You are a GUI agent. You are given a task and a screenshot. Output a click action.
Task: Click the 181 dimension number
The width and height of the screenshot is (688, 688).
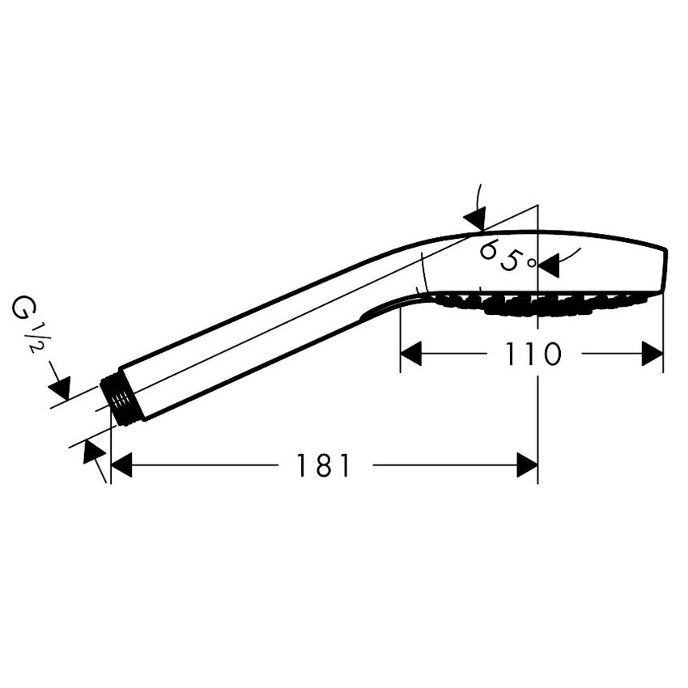click(x=324, y=465)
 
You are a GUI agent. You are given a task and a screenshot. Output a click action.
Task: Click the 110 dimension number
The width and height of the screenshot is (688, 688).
click(x=533, y=354)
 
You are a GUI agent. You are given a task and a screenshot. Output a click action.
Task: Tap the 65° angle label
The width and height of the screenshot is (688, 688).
click(x=508, y=257)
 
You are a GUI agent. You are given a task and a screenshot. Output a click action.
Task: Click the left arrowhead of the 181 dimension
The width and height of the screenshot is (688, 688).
click(x=121, y=465)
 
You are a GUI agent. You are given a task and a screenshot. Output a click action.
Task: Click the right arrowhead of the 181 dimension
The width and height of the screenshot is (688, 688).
click(x=528, y=465)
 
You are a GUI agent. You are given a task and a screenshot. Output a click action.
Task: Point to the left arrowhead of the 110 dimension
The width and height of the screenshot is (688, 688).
click(x=411, y=354)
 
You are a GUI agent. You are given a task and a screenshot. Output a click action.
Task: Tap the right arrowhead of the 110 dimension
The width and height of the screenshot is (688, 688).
click(x=652, y=354)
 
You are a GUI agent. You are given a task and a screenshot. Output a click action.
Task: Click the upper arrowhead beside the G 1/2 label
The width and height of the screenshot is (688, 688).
click(x=61, y=388)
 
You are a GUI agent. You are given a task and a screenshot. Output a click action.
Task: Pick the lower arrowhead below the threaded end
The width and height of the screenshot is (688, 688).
click(x=93, y=452)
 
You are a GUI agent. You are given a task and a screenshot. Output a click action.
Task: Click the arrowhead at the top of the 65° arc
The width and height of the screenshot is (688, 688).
click(x=476, y=218)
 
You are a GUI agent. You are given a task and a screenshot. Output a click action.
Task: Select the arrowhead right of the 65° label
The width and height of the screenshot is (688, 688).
click(x=550, y=265)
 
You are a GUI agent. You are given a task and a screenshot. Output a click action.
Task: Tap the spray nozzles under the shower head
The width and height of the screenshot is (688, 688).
click(x=539, y=304)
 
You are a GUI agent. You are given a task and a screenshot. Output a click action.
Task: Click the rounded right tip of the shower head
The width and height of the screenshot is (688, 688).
click(x=665, y=270)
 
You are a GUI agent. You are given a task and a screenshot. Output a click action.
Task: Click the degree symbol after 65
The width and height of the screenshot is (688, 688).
click(x=531, y=263)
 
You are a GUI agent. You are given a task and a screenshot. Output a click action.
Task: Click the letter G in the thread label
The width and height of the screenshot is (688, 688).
click(x=21, y=307)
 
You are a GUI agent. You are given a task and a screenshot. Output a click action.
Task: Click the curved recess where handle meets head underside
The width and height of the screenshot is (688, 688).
click(x=386, y=305)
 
